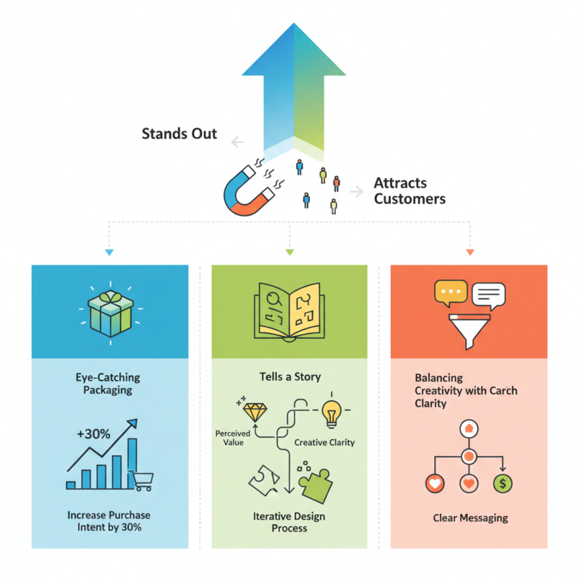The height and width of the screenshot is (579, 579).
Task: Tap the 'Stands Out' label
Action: pyautogui.click(x=179, y=133)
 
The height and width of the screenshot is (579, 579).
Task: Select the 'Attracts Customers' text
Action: pyautogui.click(x=409, y=191)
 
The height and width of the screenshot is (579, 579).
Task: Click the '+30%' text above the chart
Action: pyautogui.click(x=93, y=434)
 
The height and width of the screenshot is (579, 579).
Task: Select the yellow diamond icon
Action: pyautogui.click(x=254, y=413)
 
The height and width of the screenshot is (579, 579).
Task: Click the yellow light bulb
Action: pyautogui.click(x=331, y=413)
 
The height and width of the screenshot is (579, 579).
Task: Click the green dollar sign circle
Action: pyautogui.click(x=501, y=483)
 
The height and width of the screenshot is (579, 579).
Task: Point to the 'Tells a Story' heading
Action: pyautogui.click(x=289, y=376)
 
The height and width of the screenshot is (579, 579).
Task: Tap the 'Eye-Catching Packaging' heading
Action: pyautogui.click(x=108, y=384)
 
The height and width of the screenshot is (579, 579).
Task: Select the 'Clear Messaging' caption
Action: pyautogui.click(x=470, y=517)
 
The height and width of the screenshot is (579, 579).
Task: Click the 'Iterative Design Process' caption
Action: pyautogui.click(x=289, y=522)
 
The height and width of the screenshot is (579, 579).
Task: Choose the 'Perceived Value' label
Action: pyautogui.click(x=233, y=438)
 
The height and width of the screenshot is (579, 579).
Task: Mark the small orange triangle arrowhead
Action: pyautogui.click(x=470, y=252)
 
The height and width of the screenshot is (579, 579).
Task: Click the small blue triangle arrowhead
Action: pyautogui.click(x=109, y=252)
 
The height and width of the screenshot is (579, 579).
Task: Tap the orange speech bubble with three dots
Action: pyautogui.click(x=450, y=291)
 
